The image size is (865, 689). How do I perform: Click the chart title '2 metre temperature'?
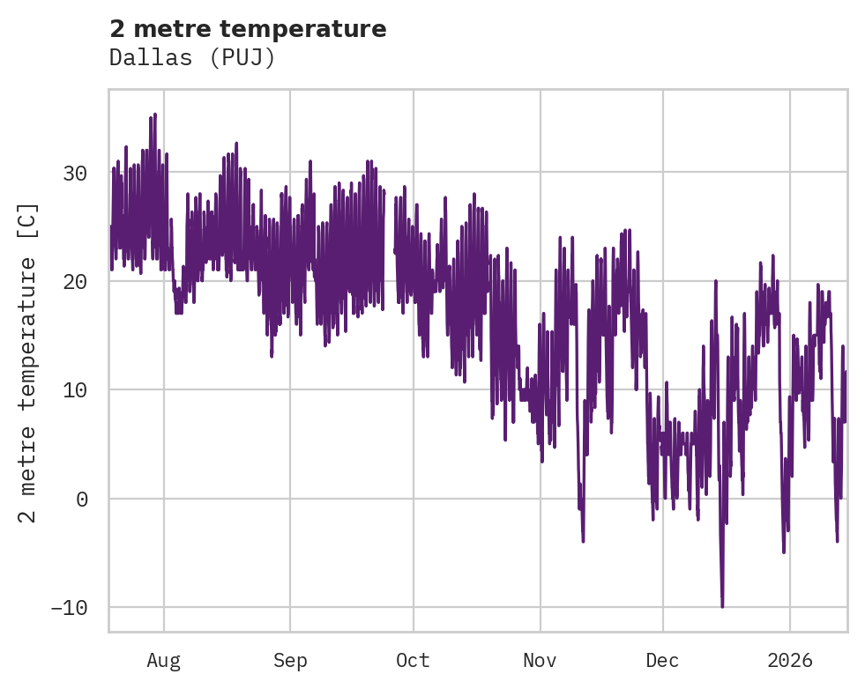coord(248,29)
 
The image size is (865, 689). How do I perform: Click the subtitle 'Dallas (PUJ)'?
coord(192,57)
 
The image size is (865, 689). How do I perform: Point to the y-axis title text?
coord(29,362)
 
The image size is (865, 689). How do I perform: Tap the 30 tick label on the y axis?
coord(75,173)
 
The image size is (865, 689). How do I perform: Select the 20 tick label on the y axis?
coord(75,282)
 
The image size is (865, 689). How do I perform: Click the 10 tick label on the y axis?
coord(75,390)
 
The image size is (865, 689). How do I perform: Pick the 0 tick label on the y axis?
coord(81,499)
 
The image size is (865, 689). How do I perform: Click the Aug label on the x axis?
coord(164,660)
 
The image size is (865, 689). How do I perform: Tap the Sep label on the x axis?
coord(290,660)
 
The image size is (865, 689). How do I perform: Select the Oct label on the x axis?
coord(413,660)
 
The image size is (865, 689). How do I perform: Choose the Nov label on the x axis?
coord(540,660)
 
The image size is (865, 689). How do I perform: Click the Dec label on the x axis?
coord(663,660)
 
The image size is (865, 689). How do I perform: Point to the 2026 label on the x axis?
coord(790,660)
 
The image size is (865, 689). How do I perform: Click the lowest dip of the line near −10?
coord(722,606)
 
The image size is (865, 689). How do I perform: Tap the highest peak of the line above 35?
coord(155,115)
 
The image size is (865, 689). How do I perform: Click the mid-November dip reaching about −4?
coord(583,540)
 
